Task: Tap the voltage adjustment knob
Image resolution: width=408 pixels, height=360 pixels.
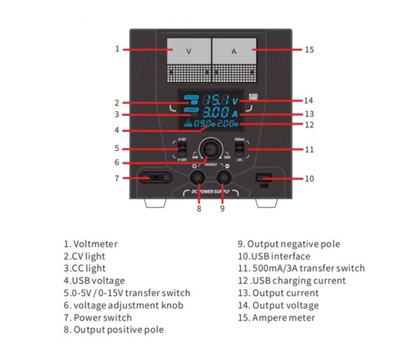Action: point(210,148)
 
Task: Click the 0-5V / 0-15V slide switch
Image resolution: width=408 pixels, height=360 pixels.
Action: point(181,148)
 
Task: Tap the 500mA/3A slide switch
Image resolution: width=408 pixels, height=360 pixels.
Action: point(239,148)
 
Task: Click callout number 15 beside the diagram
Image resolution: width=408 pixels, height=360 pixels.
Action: point(309,49)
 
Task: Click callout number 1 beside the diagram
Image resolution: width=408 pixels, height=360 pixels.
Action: point(117,49)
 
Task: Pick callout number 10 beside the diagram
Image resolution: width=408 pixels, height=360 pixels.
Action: point(309,179)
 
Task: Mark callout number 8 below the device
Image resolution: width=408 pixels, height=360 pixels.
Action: point(199,209)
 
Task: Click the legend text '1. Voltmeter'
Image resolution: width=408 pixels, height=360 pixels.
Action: point(90,244)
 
